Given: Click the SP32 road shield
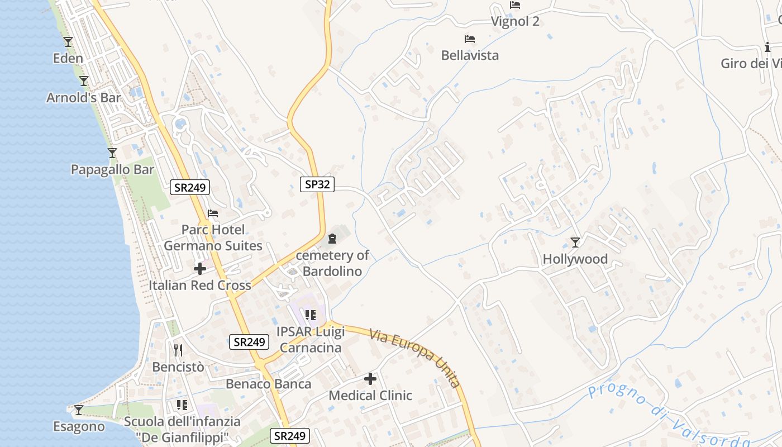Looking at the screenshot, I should click(x=317, y=184).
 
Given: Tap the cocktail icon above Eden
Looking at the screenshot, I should click(x=68, y=41).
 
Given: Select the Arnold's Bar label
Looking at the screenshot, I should click(x=84, y=98).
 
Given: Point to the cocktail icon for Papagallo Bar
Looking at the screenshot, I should click(x=112, y=153).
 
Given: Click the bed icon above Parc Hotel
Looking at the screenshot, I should click(x=213, y=213).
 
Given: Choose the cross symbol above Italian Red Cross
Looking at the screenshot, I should click(x=199, y=269).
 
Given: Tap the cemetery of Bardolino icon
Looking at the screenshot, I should click(x=332, y=239).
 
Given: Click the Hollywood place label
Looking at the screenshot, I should click(x=575, y=259).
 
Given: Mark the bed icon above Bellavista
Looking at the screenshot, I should click(x=470, y=39).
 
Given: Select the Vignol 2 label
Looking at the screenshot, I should click(x=515, y=22).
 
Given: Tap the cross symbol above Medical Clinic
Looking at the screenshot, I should click(x=370, y=379).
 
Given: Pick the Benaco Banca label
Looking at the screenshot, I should click(x=269, y=384).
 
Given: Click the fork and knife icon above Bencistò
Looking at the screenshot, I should click(x=178, y=350).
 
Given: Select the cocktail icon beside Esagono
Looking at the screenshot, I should click(x=79, y=410).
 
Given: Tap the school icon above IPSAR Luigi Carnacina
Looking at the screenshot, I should click(x=311, y=315).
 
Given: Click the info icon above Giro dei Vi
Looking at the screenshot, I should click(x=767, y=47).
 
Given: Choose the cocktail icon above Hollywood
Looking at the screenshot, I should click(x=575, y=242).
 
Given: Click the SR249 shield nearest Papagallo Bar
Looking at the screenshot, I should click(x=190, y=188).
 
